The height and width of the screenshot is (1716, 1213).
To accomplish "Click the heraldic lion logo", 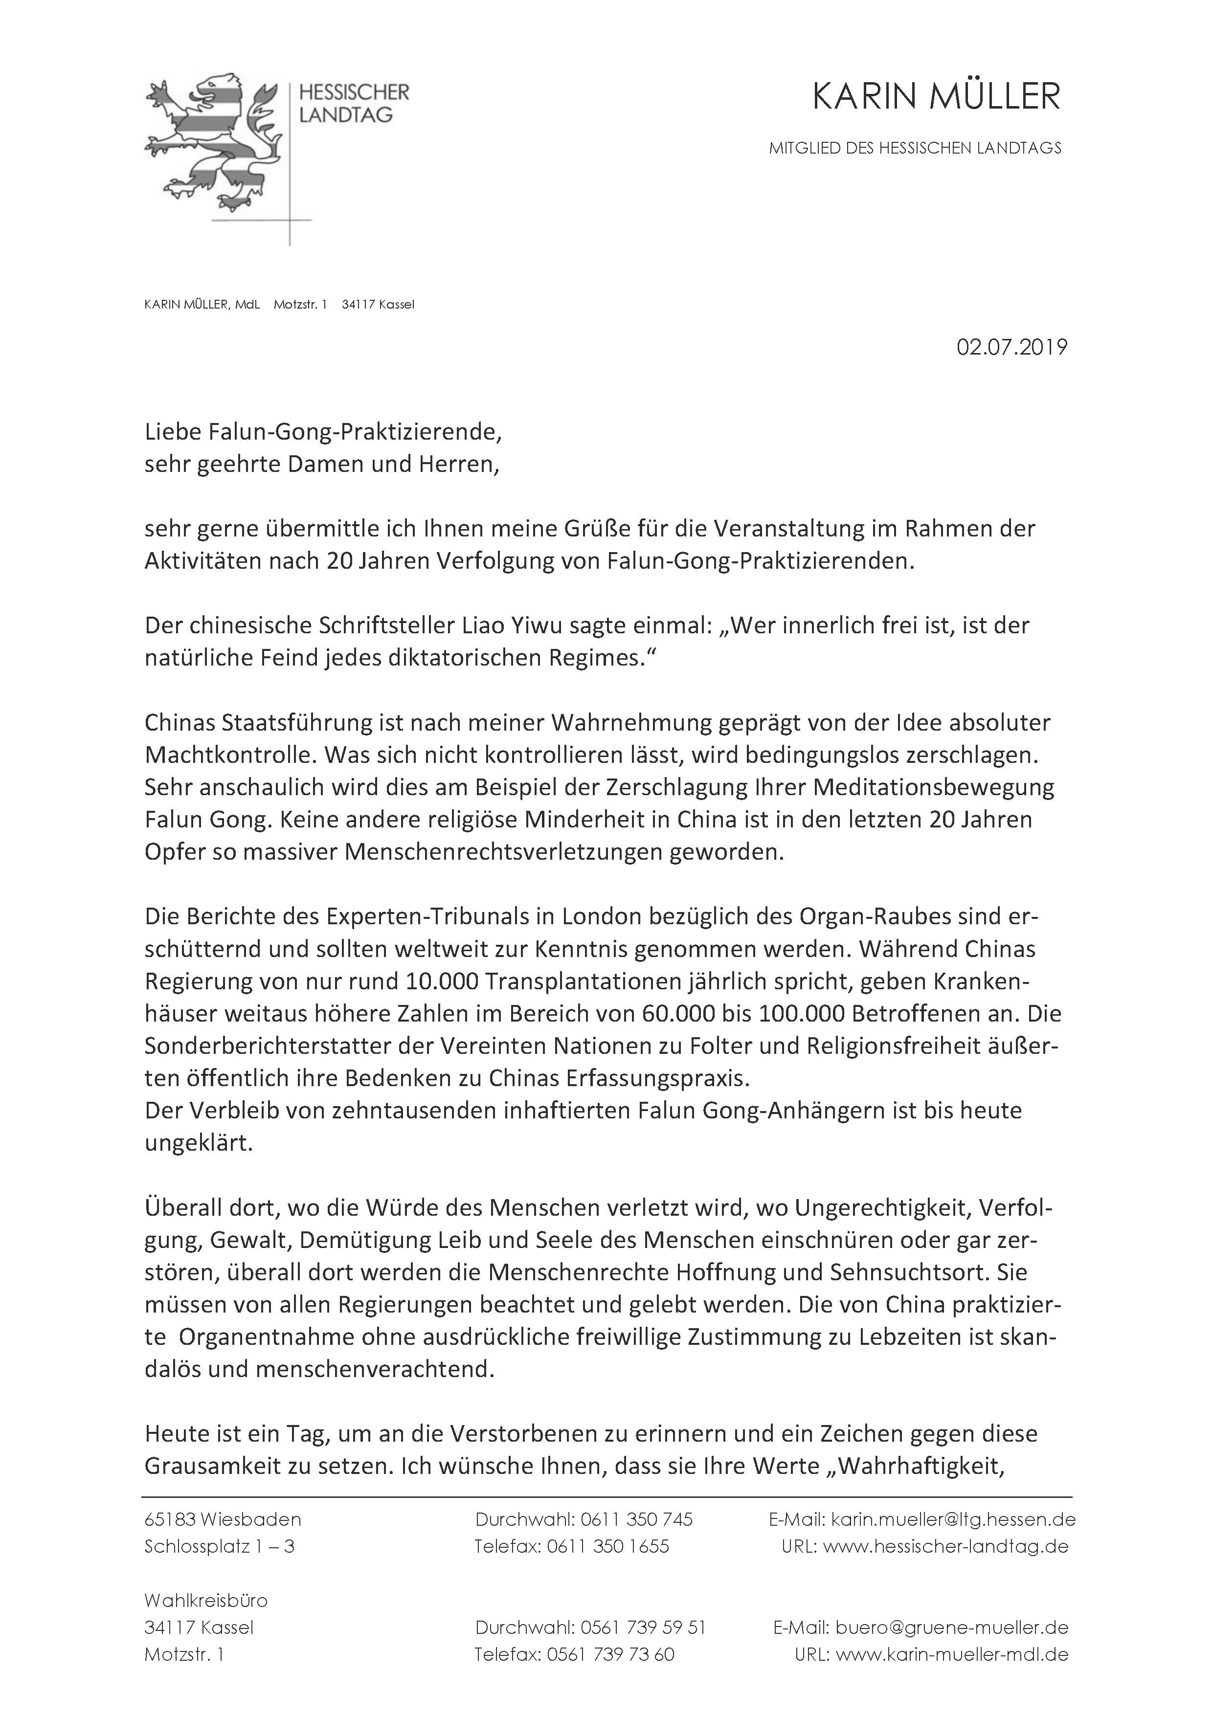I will tap(212, 142).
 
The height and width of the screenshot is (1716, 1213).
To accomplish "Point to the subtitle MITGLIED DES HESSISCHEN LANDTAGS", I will tap(915, 148).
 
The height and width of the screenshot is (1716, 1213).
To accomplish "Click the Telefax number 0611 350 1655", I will tap(607, 1546).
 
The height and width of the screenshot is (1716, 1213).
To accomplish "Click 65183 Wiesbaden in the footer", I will tap(223, 1519).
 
